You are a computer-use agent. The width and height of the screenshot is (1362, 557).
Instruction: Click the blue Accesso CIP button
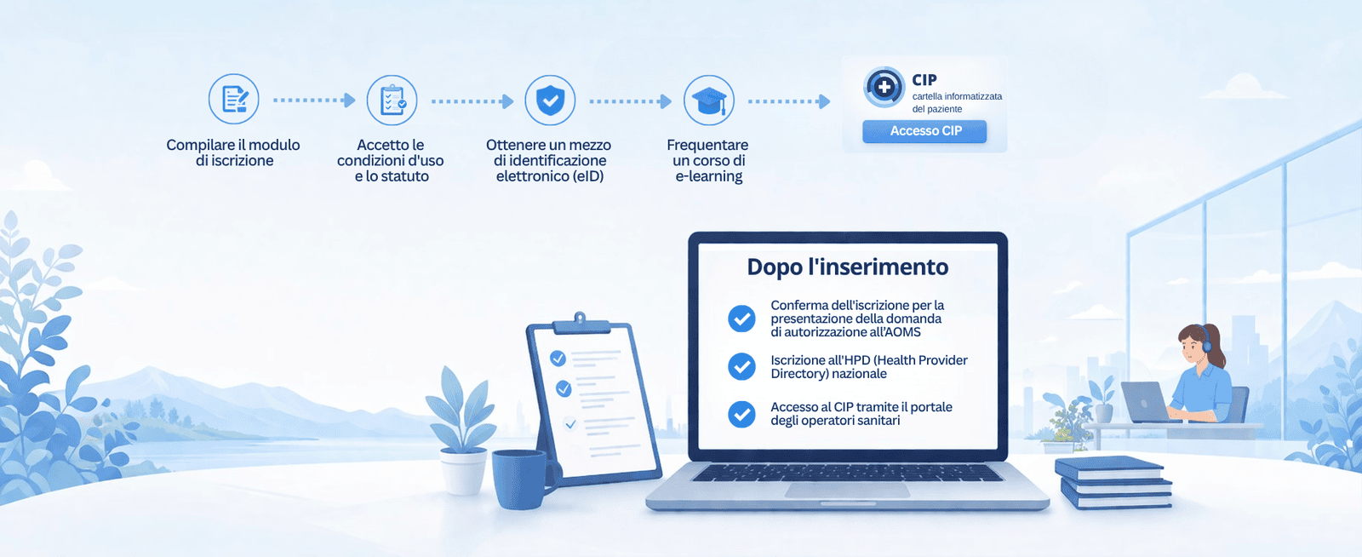click(x=924, y=131)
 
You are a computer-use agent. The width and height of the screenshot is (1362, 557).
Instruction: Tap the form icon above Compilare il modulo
click(x=234, y=100)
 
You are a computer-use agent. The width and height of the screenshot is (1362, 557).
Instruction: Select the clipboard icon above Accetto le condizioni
click(x=392, y=100)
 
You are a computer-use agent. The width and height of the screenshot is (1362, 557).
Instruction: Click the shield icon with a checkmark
click(x=550, y=100)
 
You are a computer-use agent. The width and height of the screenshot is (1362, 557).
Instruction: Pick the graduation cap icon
click(x=709, y=100)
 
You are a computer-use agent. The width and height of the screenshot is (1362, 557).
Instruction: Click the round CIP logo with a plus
click(x=884, y=87)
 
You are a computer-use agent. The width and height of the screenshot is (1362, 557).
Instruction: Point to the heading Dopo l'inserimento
click(x=848, y=267)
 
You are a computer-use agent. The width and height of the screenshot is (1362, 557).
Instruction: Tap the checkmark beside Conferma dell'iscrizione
click(x=741, y=319)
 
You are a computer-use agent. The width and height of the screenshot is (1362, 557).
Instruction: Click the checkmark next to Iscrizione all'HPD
click(x=741, y=366)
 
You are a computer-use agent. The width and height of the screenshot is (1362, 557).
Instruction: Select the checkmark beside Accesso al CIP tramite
click(x=741, y=414)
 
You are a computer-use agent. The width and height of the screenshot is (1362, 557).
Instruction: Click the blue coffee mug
click(x=522, y=479)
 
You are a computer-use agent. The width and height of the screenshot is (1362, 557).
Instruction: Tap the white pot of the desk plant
click(x=464, y=471)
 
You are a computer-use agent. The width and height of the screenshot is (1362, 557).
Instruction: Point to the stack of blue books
click(x=1113, y=482)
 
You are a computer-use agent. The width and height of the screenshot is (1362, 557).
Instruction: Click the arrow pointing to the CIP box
click(x=789, y=101)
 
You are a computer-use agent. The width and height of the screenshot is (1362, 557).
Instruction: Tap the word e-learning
click(x=709, y=176)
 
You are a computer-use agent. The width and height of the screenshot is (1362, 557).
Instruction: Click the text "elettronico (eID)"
click(x=550, y=176)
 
